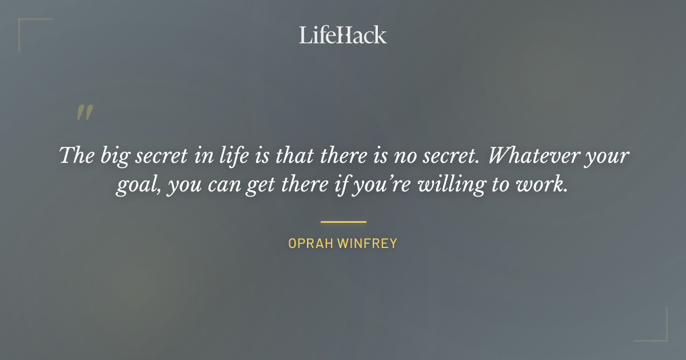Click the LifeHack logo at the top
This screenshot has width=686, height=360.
coord(343,35)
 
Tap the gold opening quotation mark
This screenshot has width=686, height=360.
coord(84,113)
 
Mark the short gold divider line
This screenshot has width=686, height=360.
coord(343,222)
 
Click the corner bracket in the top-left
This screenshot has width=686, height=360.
coord(26,26)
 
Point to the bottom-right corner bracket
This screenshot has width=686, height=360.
coord(660,334)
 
